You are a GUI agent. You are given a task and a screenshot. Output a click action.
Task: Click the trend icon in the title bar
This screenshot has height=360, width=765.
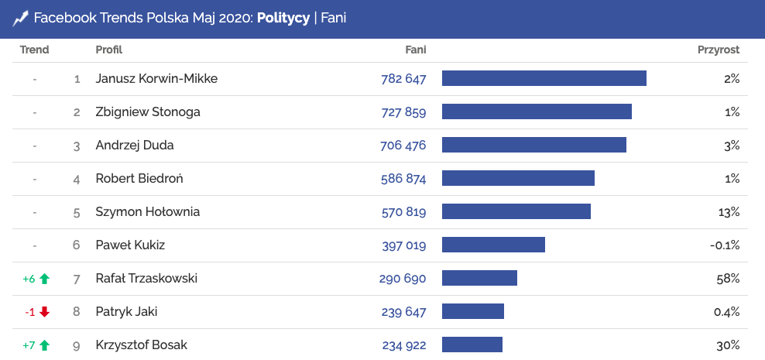(x=20, y=17)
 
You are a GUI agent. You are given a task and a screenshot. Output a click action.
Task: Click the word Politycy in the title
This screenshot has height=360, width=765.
(x=283, y=17)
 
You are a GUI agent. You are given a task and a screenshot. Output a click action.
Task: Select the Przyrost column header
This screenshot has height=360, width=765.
(x=718, y=50)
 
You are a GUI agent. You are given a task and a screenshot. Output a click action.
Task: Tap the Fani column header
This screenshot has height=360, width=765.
(x=415, y=50)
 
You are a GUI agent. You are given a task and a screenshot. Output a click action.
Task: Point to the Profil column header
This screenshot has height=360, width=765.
(x=109, y=50)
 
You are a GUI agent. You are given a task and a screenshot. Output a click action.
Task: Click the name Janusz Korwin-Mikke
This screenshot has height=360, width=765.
(x=156, y=78)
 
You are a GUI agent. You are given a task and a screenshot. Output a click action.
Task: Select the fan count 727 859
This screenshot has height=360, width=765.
(x=403, y=111)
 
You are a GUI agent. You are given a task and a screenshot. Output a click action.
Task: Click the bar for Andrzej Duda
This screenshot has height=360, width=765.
(x=533, y=145)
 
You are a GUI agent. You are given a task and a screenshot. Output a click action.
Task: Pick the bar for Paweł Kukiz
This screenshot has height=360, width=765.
(x=493, y=245)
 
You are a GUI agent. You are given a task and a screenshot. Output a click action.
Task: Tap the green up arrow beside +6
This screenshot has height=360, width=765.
(x=44, y=279)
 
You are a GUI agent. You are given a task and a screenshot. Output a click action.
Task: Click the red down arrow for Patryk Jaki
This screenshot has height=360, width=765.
(x=44, y=312)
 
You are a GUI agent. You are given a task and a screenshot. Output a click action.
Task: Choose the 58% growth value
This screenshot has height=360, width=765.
(x=728, y=278)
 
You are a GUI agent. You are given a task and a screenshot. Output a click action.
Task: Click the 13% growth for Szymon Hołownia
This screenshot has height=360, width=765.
(x=729, y=211)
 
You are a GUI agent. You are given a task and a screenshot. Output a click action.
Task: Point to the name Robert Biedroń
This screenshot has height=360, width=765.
(x=139, y=178)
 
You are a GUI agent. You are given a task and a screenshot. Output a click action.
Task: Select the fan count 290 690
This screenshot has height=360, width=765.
(x=403, y=278)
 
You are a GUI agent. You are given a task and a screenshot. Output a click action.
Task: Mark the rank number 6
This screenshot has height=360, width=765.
(x=77, y=245)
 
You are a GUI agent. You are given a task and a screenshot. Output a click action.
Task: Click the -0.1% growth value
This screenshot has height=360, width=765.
(x=725, y=245)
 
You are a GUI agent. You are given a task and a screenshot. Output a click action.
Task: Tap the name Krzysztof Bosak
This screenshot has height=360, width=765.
(x=142, y=345)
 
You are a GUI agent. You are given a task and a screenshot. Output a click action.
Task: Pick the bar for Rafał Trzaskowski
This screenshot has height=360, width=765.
(x=479, y=278)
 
